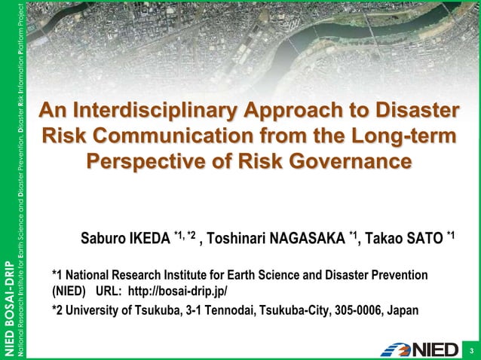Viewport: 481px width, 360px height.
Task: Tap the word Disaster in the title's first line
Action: pyautogui.click(x=410, y=111)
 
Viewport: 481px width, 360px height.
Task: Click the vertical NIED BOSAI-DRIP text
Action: pyautogui.click(x=8, y=309)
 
